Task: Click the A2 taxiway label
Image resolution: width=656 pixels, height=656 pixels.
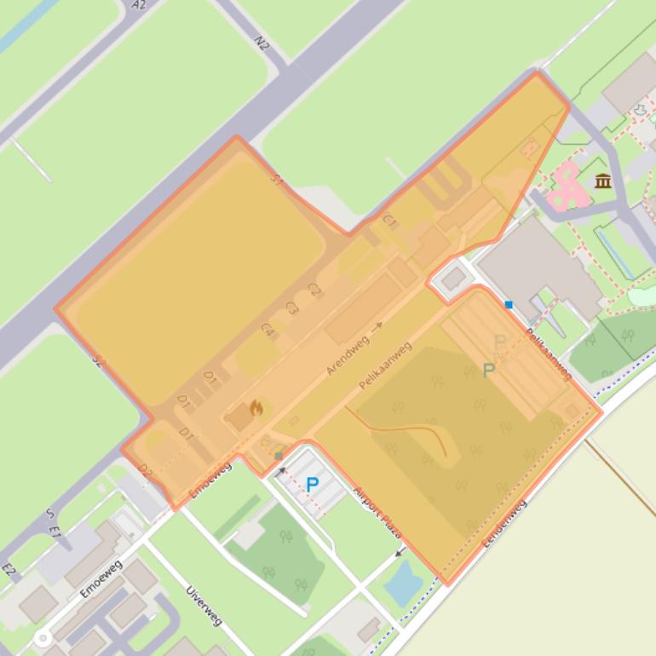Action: click(x=139, y=5)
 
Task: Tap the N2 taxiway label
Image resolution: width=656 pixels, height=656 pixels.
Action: click(x=262, y=42)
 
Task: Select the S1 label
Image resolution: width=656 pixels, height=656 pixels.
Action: click(x=277, y=180)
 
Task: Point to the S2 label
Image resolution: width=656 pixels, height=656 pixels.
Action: click(x=97, y=360)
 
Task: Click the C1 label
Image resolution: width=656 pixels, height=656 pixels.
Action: click(x=390, y=222)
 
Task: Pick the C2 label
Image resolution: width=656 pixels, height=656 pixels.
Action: click(x=314, y=290)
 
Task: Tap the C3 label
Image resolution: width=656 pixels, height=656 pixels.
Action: click(x=292, y=308)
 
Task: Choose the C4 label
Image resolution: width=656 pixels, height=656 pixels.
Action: click(x=268, y=329)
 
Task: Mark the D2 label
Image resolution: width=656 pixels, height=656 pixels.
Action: click(x=145, y=469)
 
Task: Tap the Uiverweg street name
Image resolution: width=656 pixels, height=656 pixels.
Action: click(x=204, y=606)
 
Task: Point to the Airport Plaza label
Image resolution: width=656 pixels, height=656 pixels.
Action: click(x=377, y=511)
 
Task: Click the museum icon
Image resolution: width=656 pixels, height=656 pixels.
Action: click(x=603, y=181)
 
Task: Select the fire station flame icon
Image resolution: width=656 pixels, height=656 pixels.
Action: click(x=256, y=408)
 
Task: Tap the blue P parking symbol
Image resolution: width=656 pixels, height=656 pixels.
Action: click(x=312, y=485)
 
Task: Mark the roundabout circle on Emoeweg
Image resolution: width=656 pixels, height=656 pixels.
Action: click(x=42, y=637)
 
